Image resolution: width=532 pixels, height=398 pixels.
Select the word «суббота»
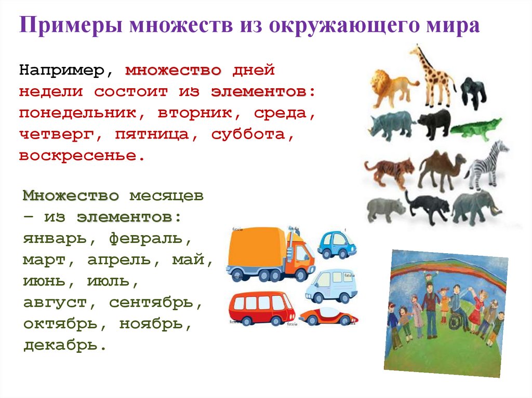249,135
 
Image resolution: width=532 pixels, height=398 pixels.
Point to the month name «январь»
55,239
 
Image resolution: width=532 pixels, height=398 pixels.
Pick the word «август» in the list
55,303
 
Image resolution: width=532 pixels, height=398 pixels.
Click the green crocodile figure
476,129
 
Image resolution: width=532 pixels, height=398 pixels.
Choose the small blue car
337,244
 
